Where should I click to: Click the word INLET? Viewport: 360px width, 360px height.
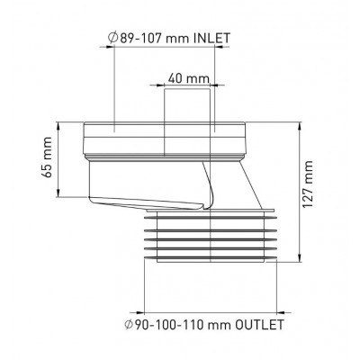point(212,38)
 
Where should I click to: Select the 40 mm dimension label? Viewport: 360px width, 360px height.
point(188,78)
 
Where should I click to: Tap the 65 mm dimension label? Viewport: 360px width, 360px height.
point(46,157)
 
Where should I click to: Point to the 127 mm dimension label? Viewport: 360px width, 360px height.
point(308,184)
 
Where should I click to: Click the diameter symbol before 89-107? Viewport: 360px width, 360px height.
point(112,38)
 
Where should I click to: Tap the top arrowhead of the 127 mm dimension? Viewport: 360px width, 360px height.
point(299,125)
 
